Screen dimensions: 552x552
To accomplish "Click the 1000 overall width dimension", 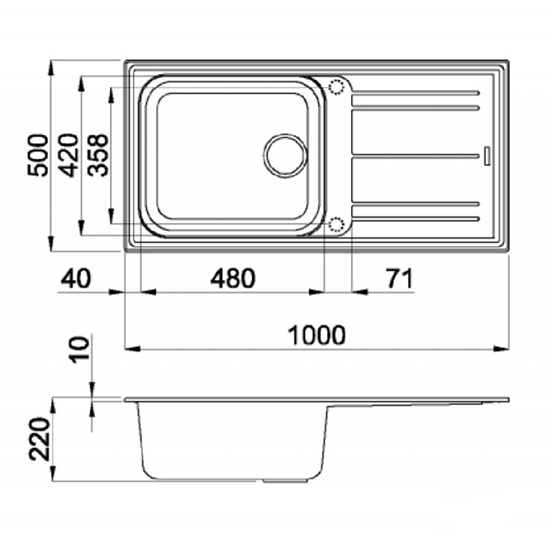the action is click(317, 335).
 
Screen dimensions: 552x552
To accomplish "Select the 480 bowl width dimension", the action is click(233, 278).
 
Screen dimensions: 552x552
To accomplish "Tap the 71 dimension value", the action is click(400, 278).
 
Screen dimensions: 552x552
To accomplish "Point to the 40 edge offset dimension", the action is click(76, 278).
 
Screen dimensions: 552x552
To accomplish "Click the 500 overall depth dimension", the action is click(38, 155).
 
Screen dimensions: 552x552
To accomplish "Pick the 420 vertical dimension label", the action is click(68, 155).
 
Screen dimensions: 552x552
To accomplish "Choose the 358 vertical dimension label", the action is click(98, 155).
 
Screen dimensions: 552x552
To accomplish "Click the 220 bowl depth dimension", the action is click(39, 439).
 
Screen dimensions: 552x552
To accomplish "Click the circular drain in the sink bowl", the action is click(285, 156).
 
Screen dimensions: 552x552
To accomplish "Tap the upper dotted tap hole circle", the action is click(336, 87).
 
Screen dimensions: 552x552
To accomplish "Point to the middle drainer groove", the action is click(416, 156).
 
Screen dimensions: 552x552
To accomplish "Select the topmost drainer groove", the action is click(416, 93).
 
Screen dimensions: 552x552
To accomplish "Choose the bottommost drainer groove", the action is click(416, 219).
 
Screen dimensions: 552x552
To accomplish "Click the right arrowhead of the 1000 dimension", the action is click(501, 349).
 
